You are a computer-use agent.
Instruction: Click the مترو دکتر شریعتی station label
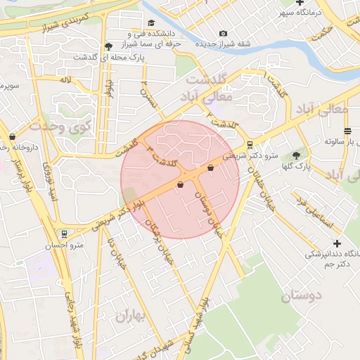point(250,155)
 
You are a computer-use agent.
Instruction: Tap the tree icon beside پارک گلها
point(296,155)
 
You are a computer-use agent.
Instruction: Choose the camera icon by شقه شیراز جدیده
point(224,33)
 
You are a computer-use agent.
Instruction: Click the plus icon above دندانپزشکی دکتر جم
point(337,243)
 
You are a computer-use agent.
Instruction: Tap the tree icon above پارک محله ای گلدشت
point(108,46)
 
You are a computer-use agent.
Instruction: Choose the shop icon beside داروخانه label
point(13,136)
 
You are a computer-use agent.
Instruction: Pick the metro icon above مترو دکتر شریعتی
point(250,144)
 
